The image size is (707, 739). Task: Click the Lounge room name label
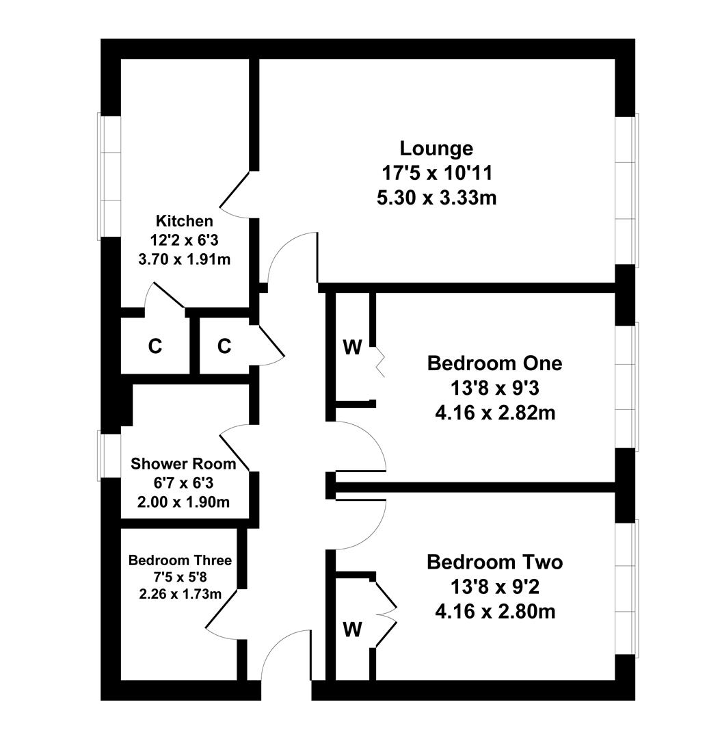[x=436, y=148]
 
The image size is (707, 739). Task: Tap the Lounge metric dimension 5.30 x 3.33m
[x=437, y=198]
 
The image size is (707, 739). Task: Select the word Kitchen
[x=184, y=220]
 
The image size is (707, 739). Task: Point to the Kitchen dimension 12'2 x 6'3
[x=184, y=240]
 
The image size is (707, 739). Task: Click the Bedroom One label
[x=494, y=363]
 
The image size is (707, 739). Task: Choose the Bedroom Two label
[x=494, y=562]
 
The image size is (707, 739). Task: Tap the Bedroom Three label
[x=180, y=560]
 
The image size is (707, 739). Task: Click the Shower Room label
[x=183, y=464]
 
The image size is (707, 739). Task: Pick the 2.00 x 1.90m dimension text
[x=183, y=502]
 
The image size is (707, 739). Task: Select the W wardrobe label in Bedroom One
[x=353, y=348]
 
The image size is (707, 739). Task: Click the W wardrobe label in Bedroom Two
[x=353, y=630]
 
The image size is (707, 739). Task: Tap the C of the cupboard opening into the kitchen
[x=155, y=346]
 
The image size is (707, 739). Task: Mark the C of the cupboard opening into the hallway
[x=224, y=346]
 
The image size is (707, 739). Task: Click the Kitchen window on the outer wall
[x=109, y=176]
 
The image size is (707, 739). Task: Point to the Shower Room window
[x=109, y=456]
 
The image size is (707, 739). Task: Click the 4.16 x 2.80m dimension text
[x=495, y=612]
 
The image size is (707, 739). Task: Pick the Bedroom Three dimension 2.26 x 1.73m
[x=180, y=594]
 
